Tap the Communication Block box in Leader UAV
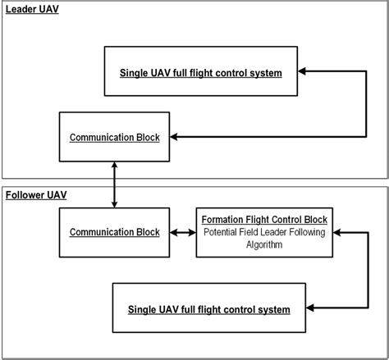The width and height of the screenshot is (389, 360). click(x=115, y=137)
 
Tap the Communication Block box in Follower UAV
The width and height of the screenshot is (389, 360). click(x=115, y=233)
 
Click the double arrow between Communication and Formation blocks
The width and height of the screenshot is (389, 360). click(x=183, y=233)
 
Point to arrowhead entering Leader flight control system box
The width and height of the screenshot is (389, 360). click(x=302, y=72)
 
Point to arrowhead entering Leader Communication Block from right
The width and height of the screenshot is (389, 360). click(x=174, y=137)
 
